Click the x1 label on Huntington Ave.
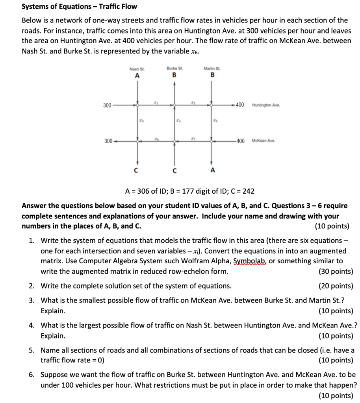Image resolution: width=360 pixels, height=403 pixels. [156, 102]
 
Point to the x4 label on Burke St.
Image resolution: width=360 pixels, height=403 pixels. [178, 122]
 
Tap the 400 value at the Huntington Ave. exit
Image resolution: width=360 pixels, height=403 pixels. [240, 105]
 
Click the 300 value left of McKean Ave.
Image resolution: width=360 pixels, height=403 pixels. [108, 140]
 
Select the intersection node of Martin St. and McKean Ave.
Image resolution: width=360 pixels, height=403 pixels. [212, 140]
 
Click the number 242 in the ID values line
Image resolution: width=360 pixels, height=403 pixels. [249, 191]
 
